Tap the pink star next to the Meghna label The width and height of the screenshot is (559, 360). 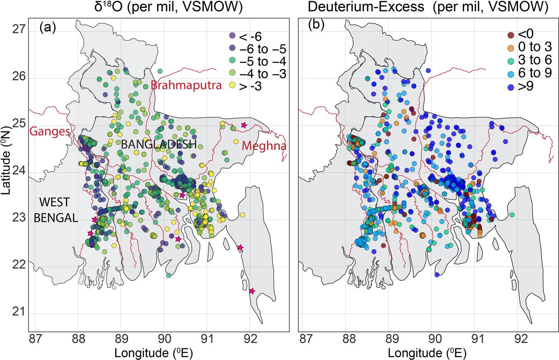244,125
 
